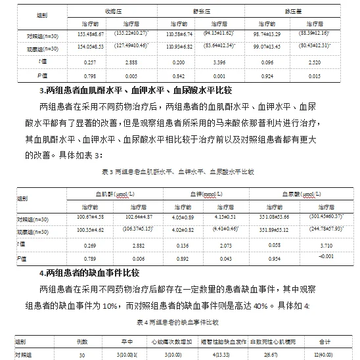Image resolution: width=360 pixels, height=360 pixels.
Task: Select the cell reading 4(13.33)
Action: coord(221,355)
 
